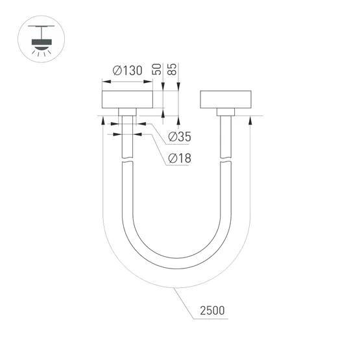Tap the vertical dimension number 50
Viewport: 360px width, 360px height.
coord(156,70)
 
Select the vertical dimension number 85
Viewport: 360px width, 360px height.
coord(173,70)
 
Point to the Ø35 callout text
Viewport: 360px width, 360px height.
coord(179,137)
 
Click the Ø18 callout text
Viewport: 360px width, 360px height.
coord(179,158)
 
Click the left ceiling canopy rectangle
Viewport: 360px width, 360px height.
coord(127,99)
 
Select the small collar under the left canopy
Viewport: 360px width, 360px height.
coord(127,112)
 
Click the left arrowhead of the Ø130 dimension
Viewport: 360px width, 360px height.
coord(104,82)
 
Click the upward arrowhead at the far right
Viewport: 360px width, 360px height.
coord(250,119)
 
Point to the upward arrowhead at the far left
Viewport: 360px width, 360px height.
coord(103,119)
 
